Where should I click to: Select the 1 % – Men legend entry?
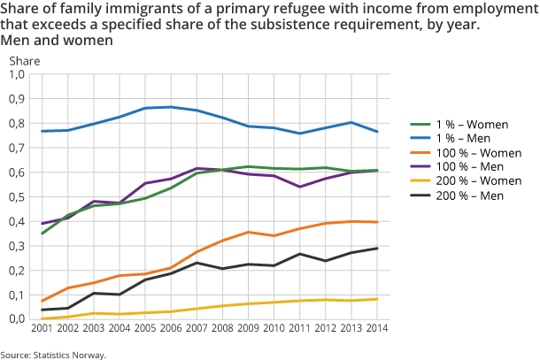[455, 138]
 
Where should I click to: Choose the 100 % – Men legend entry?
[460, 168]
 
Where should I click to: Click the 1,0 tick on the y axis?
[17, 74]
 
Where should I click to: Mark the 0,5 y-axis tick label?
[17, 197]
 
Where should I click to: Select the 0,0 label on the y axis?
[17, 319]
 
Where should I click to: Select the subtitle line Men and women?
[58, 41]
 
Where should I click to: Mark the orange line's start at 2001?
[42, 301]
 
